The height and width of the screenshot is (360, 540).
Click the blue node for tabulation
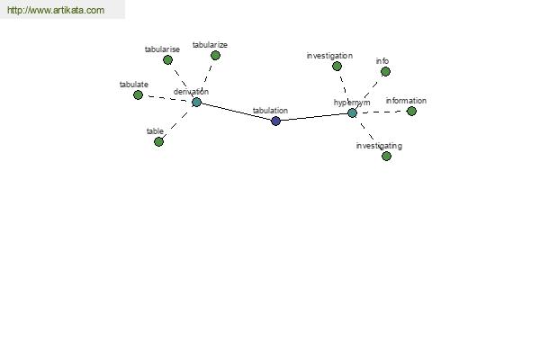coord(275,121)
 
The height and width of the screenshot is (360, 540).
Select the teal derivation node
coord(196,102)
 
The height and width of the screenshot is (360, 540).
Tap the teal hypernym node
coord(352,112)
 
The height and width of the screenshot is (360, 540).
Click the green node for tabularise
coord(167,60)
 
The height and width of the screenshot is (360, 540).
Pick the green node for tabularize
coord(215,55)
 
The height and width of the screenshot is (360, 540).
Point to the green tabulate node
coord(138,94)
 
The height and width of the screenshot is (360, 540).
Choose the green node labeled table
coord(158,141)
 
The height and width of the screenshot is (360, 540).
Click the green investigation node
coord(337,66)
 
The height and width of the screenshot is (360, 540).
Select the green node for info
coord(386,71)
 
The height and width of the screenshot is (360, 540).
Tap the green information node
coord(411,111)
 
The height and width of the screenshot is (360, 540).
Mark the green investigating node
coord(386,156)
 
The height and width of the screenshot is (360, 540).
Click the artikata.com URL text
coord(56,10)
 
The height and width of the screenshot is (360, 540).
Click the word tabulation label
coord(270,111)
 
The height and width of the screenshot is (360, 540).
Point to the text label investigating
coord(379,146)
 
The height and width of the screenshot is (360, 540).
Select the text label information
coord(406,101)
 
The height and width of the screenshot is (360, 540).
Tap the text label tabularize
coord(210,45)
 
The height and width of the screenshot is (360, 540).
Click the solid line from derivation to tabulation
coord(236,112)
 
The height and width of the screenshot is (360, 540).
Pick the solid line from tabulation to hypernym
coord(314,117)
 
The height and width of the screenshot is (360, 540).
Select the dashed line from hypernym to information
coord(382,112)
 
